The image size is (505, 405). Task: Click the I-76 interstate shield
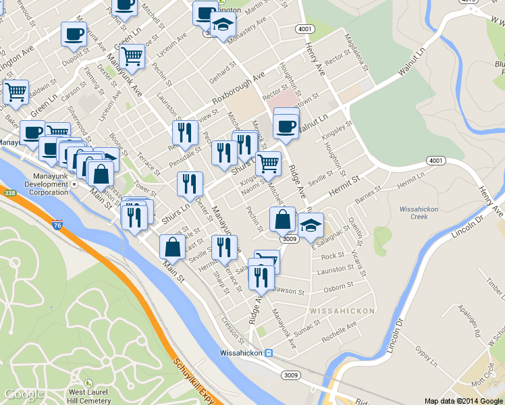coord(57,225)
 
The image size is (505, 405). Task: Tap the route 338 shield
coord(9,193)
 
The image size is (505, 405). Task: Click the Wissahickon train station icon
coord(268,353)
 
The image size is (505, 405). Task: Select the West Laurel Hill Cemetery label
coord(89,396)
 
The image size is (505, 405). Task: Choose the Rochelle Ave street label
coord(339,332)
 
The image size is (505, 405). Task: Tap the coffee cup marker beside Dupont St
coord(74,34)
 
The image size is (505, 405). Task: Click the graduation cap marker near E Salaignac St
coord(311,225)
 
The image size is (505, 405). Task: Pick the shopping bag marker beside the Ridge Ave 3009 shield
coord(282,219)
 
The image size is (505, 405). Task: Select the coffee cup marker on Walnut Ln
coord(286,126)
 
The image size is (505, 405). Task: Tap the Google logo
coord(24,394)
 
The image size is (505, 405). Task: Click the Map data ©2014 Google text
coord(463,400)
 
